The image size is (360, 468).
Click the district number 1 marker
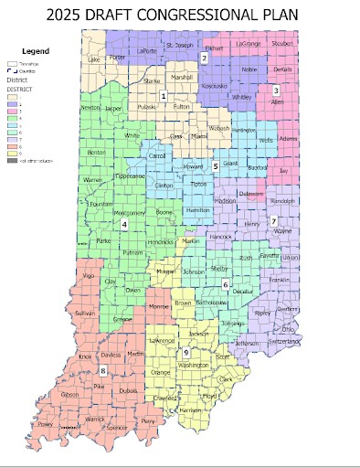click(x=164, y=96)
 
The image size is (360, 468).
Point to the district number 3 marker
click(x=276, y=90)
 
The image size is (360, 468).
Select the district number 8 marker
click(x=103, y=370)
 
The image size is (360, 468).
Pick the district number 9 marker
click(x=185, y=353)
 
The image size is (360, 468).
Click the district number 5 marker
click(x=216, y=166)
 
